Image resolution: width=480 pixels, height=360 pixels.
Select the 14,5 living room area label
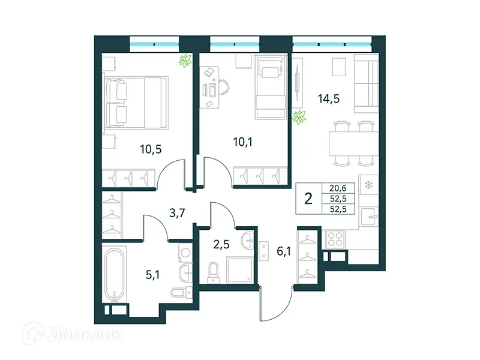coord(328,100)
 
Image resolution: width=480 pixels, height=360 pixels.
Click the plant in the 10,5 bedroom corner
coord(185,60)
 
